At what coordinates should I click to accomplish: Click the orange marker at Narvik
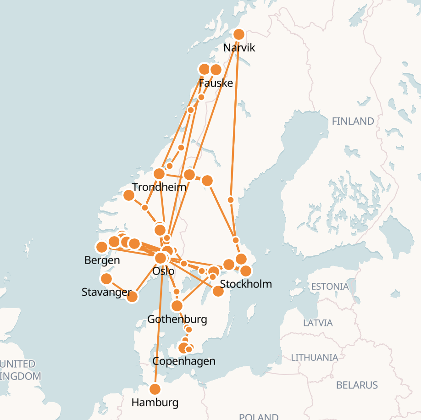[238, 34]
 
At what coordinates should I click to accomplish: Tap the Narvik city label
[238, 48]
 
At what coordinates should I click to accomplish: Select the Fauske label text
[216, 83]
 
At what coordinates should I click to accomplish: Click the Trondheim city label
[159, 187]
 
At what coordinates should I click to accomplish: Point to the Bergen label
[102, 260]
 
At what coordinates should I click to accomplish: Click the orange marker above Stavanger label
[106, 279]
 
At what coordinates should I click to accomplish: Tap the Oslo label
[163, 271]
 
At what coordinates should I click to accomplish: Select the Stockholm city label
[246, 284]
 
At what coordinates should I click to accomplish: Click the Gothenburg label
[177, 319]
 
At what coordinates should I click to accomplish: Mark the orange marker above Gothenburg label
[177, 306]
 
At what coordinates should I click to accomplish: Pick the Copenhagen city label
[183, 361]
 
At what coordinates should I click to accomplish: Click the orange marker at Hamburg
[155, 389]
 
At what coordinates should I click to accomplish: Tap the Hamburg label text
[155, 403]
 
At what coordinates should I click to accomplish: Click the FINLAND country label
[353, 122]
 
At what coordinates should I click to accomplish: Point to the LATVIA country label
[318, 323]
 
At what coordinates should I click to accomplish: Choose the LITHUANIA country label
[315, 357]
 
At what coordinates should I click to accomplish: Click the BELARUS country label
[357, 385]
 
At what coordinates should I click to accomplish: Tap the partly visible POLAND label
[259, 416]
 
